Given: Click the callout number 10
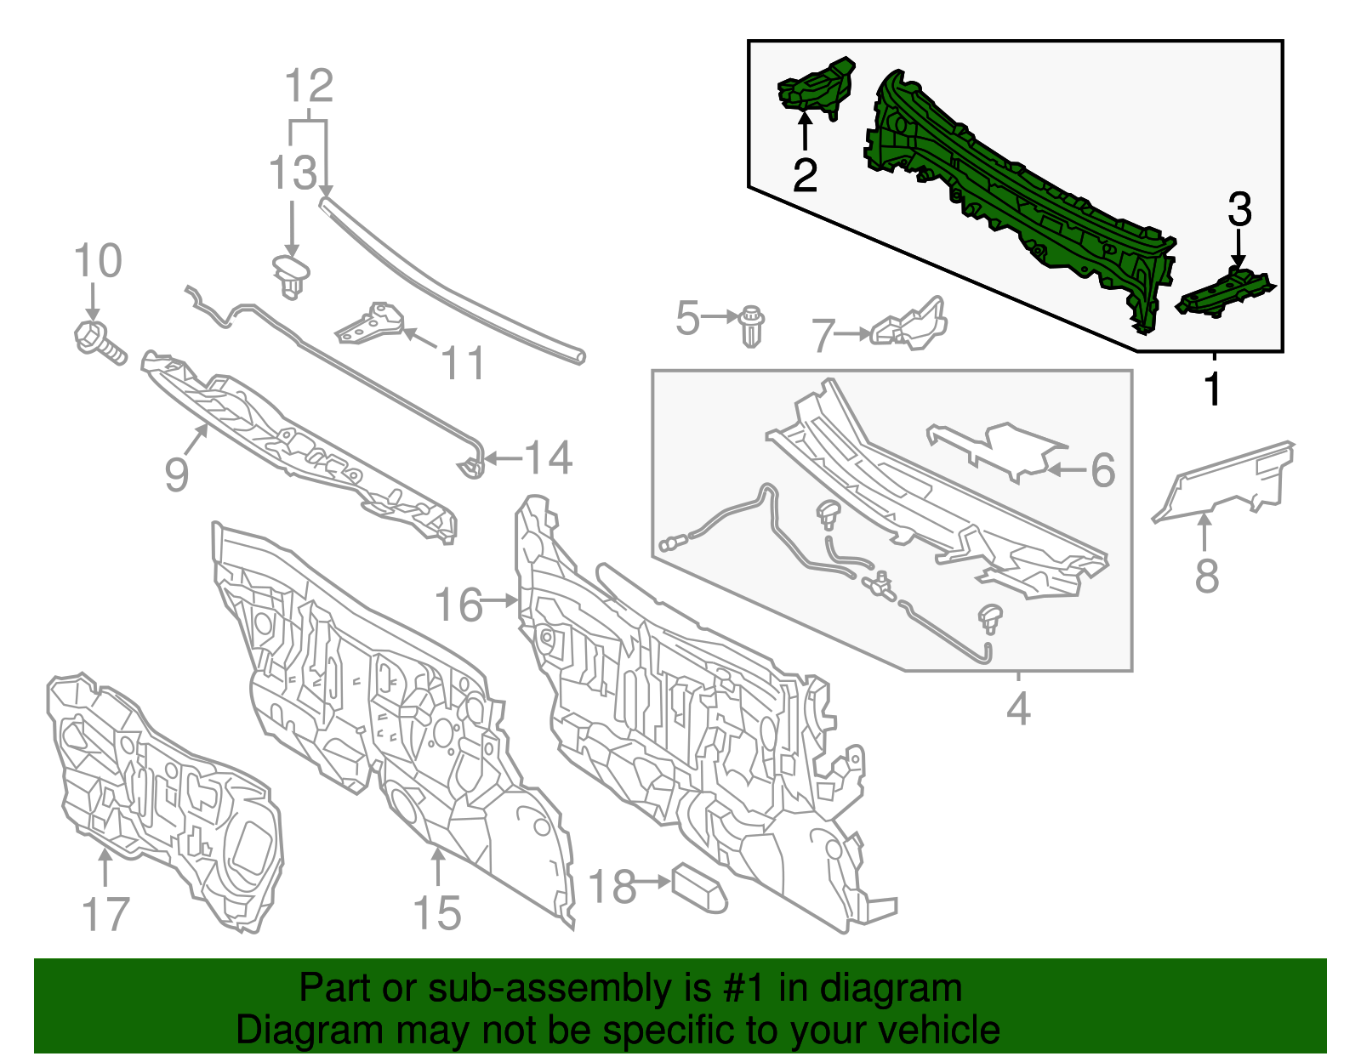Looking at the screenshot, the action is click(98, 260).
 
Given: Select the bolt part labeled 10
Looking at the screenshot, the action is click(100, 343).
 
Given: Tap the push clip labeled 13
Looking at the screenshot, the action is click(291, 276).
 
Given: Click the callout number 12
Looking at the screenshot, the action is click(309, 86).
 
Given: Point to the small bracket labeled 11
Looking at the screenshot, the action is click(371, 324).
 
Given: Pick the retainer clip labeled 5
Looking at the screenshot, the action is click(752, 326).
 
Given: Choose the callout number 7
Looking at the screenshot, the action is click(824, 335).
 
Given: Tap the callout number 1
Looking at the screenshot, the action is click(1213, 389).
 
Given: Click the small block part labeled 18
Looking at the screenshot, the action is click(699, 888).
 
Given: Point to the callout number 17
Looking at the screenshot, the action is click(105, 914).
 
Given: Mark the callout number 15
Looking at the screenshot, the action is click(437, 913).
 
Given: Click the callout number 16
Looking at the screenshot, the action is click(459, 605).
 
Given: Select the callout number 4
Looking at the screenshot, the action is click(1018, 707).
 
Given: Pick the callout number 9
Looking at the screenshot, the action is click(177, 474).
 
